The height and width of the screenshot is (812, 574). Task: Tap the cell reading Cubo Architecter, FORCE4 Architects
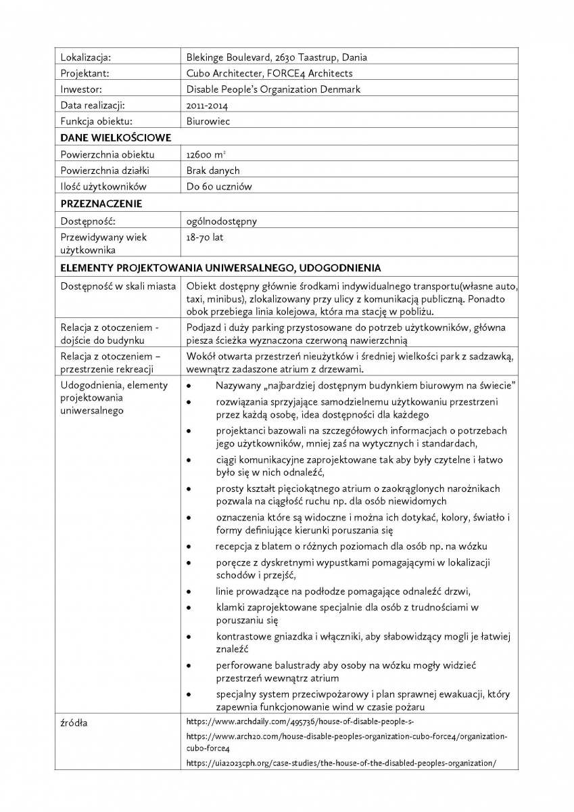[x=269, y=73]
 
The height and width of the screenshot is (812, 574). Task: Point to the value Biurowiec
[x=208, y=122]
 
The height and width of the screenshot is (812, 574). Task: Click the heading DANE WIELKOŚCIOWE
[x=116, y=138]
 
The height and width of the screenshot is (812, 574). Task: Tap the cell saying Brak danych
[x=213, y=171]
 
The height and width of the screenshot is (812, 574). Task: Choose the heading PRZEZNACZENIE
[x=101, y=204]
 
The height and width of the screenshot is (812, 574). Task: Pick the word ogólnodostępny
[x=221, y=221]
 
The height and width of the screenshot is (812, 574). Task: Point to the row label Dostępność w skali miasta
[x=118, y=286]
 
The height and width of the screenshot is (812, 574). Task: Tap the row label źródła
[x=74, y=723]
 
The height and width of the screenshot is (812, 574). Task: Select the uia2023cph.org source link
[x=341, y=763]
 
